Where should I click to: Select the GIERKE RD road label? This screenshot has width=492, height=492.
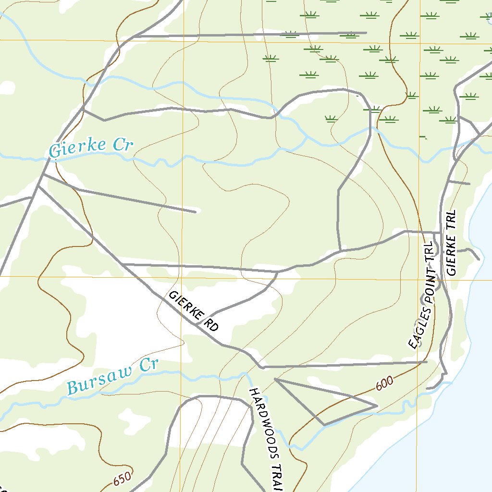tap(194, 312)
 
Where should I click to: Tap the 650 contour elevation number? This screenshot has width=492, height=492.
tap(123, 479)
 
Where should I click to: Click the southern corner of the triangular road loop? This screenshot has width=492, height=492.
tap(325, 425)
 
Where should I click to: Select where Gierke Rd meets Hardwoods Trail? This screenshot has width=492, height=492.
tap(262, 368)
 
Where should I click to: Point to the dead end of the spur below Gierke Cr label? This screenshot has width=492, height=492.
tap(195, 211)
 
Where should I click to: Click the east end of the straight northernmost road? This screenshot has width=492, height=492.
tap(366, 33)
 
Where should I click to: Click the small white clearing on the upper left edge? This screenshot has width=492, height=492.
tap(7, 87)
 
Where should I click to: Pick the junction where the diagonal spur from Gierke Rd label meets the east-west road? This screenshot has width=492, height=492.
tap(278, 272)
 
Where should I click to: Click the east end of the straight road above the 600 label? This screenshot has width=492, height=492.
tap(426, 361)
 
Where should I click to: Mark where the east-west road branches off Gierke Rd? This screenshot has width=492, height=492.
tap(123, 264)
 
